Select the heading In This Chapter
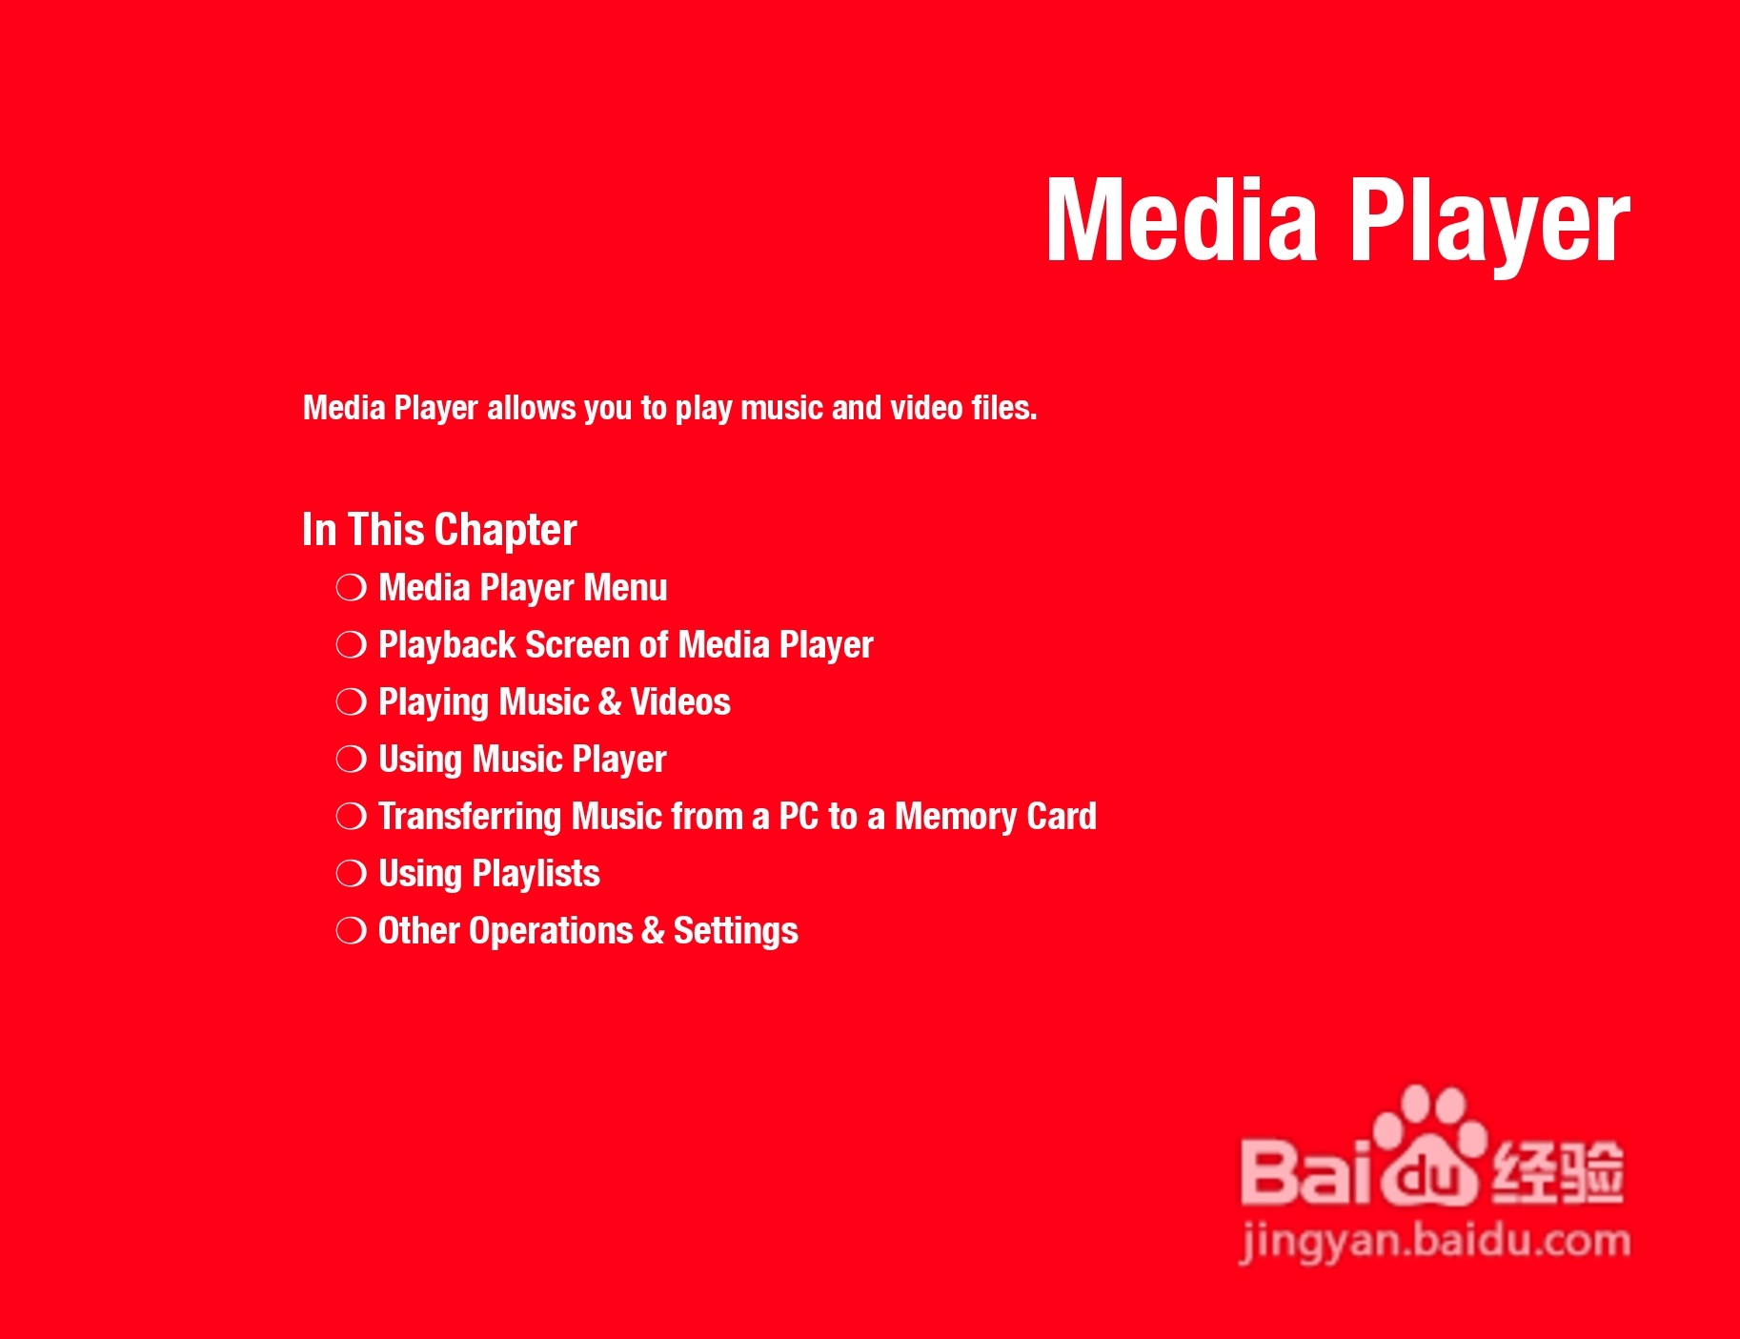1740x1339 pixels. (x=439, y=531)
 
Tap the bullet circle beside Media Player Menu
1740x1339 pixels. (x=351, y=588)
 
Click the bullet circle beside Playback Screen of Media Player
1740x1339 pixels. (x=351, y=645)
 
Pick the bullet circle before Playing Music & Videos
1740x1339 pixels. (x=351, y=702)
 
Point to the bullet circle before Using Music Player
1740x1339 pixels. (x=351, y=760)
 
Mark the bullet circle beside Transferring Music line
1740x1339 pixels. (x=351, y=817)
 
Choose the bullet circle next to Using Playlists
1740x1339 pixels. (x=351, y=874)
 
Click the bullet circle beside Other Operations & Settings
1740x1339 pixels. (x=351, y=931)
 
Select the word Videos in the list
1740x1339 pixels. (x=680, y=702)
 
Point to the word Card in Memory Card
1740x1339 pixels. (x=1062, y=817)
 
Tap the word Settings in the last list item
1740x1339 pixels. (x=736, y=932)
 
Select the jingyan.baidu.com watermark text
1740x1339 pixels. (x=1435, y=1242)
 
